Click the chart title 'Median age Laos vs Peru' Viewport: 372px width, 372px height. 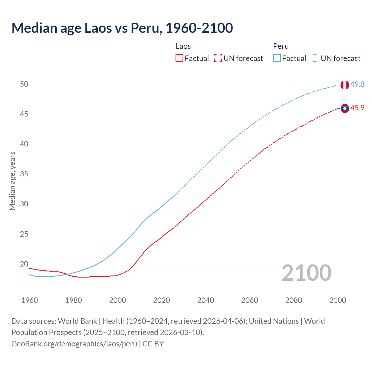tap(122, 28)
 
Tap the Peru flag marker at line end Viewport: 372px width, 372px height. tap(345, 85)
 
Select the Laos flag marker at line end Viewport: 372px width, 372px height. tap(345, 108)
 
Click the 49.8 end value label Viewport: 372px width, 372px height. tap(357, 84)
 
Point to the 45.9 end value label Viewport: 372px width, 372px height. tap(357, 108)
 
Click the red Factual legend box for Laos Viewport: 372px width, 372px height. tap(179, 58)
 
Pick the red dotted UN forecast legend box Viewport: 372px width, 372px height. tap(218, 58)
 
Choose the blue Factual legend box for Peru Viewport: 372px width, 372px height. tap(277, 58)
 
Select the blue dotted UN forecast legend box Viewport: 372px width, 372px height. tap(315, 58)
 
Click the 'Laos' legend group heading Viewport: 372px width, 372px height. tap(183, 46)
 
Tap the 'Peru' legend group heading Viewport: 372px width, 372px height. tap(281, 46)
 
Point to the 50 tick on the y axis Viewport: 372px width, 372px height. tap(24, 84)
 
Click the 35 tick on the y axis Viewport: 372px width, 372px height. tap(24, 174)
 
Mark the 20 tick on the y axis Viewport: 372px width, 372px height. tap(24, 264)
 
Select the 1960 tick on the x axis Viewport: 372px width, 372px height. tap(30, 300)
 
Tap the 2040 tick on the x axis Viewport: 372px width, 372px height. tap(205, 300)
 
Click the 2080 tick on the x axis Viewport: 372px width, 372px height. tap(294, 300)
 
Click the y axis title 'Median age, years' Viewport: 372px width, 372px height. tap(12, 181)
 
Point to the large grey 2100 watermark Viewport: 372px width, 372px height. tap(306, 273)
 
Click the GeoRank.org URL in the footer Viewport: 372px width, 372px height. tap(74, 344)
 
